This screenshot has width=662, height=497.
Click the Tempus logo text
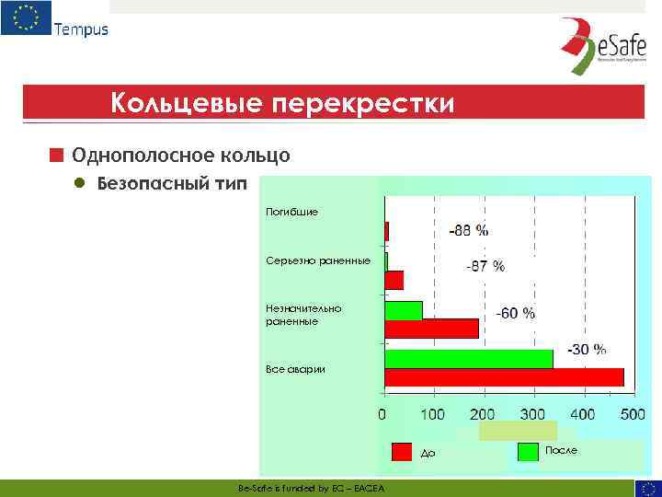81,29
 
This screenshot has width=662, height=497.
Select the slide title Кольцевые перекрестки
281,102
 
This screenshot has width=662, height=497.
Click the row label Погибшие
291,212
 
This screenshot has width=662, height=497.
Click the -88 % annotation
468,230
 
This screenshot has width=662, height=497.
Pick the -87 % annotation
485,266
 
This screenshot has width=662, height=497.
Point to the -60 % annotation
515,313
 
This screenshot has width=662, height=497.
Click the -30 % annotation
586,349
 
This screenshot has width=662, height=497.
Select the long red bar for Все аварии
504,377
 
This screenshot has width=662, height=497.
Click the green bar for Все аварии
469,359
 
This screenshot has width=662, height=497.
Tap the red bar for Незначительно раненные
431,329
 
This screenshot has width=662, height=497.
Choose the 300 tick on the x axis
532,414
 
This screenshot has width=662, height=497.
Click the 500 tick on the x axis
632,414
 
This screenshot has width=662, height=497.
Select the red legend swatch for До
402,452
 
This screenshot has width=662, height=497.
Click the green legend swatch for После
528,452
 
